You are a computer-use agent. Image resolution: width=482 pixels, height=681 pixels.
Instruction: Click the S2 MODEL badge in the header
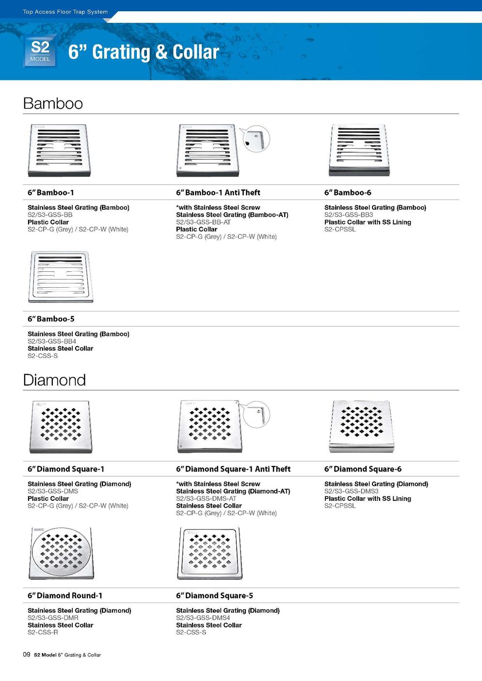point(40,51)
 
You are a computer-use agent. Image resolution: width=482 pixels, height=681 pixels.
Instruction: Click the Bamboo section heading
point(53,104)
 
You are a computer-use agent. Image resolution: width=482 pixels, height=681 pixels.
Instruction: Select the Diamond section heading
point(54,380)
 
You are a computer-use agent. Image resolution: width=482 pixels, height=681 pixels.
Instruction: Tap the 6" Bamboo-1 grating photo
point(60,151)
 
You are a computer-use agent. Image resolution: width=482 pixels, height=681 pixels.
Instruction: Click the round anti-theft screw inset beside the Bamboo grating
point(256,139)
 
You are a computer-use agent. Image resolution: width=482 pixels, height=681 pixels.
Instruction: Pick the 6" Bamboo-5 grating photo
point(61,277)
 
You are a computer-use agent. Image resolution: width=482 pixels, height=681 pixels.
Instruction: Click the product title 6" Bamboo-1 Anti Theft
point(218,193)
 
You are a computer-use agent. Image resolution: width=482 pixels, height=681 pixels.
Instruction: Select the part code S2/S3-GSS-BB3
point(349,215)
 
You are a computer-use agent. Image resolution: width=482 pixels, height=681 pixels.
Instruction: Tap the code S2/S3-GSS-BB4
point(52,341)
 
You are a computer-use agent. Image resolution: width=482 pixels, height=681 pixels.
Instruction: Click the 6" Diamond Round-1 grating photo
point(61,554)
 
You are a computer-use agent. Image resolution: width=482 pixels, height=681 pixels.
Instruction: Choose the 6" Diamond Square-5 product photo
point(209,553)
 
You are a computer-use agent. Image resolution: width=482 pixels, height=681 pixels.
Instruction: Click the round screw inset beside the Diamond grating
point(256,415)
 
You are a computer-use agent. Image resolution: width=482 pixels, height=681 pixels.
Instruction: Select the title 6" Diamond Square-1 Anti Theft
point(233,469)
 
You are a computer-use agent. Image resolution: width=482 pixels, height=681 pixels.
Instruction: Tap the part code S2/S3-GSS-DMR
point(53,618)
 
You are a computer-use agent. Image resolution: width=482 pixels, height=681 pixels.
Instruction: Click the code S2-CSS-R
point(43,632)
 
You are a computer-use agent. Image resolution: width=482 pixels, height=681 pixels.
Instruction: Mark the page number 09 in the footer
point(27,654)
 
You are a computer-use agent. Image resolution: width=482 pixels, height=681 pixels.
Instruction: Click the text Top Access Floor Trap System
point(65,12)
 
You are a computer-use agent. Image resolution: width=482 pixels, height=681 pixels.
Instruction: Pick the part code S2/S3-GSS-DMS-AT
point(206,498)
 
